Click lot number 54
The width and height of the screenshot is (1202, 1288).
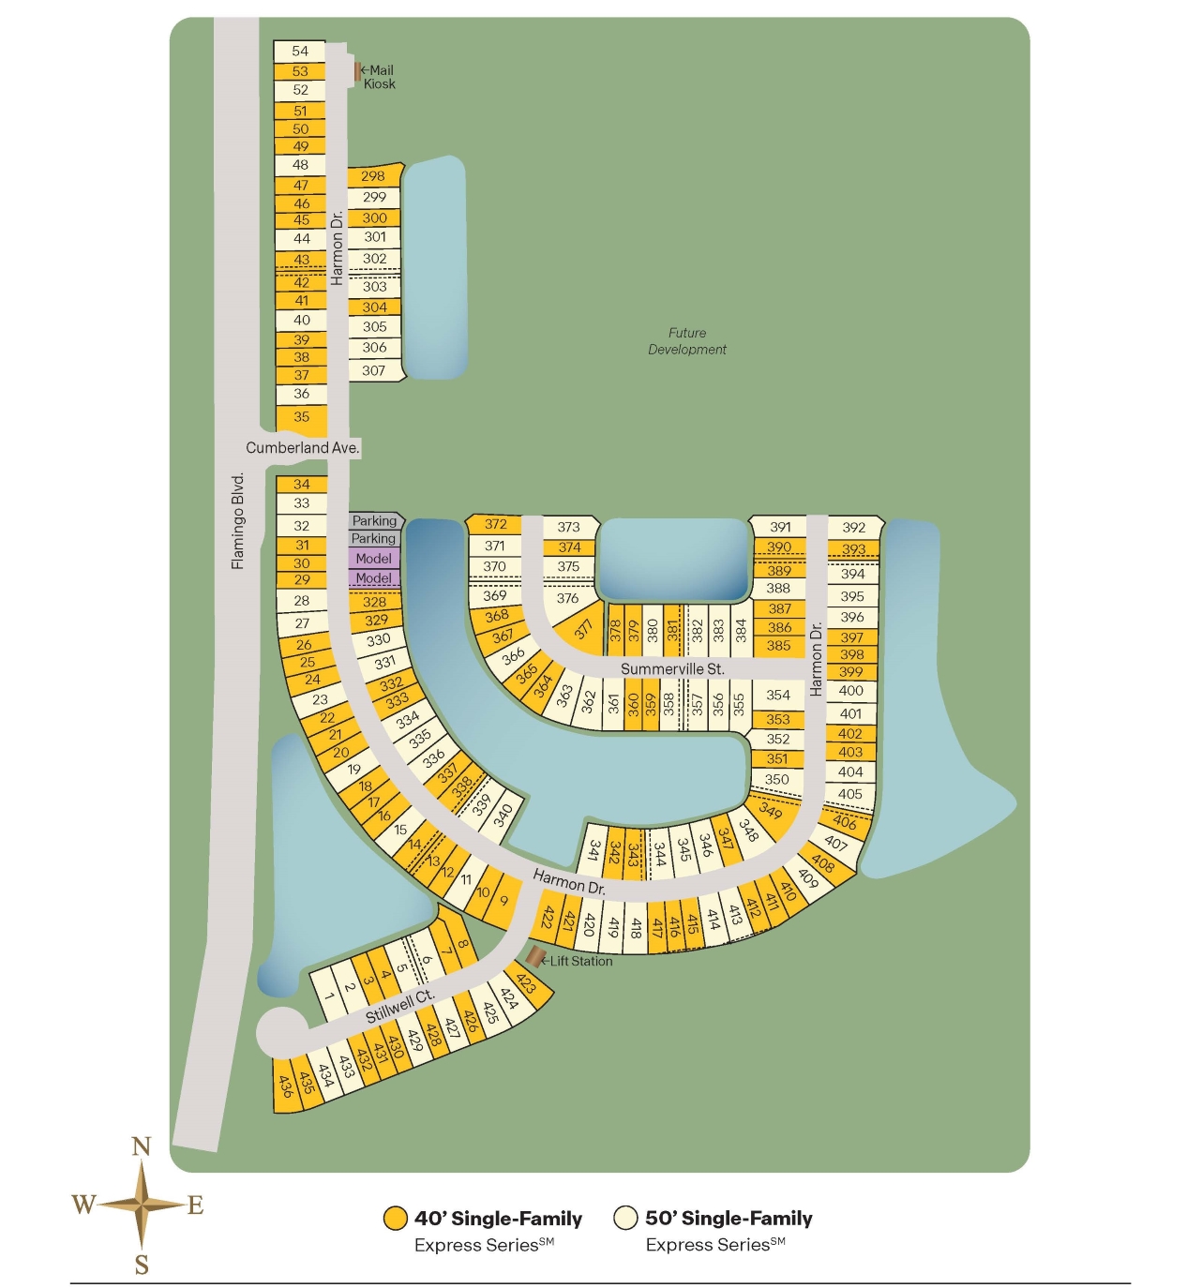(300, 52)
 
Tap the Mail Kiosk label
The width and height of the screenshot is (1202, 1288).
(380, 77)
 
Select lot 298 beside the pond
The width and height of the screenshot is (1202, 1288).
(373, 176)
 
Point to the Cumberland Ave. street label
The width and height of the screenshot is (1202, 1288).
(302, 448)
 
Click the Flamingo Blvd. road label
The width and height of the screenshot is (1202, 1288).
(238, 521)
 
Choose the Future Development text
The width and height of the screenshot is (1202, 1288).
(687, 341)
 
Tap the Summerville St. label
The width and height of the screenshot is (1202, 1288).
(672, 669)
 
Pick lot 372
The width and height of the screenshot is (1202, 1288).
(496, 525)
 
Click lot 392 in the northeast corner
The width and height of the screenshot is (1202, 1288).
(854, 528)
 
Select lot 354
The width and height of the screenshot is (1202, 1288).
(778, 696)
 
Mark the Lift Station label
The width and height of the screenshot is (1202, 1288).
(580, 962)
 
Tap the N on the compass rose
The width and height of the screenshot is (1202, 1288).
(142, 1147)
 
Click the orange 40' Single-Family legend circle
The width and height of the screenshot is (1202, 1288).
(396, 1219)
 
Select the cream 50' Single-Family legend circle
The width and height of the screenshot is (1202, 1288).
(625, 1219)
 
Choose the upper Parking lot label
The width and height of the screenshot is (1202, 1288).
(374, 521)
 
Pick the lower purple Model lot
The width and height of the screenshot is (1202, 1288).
(374, 578)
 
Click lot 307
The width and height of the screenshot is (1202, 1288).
(374, 371)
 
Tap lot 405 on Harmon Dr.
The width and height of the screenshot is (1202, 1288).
(850, 794)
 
